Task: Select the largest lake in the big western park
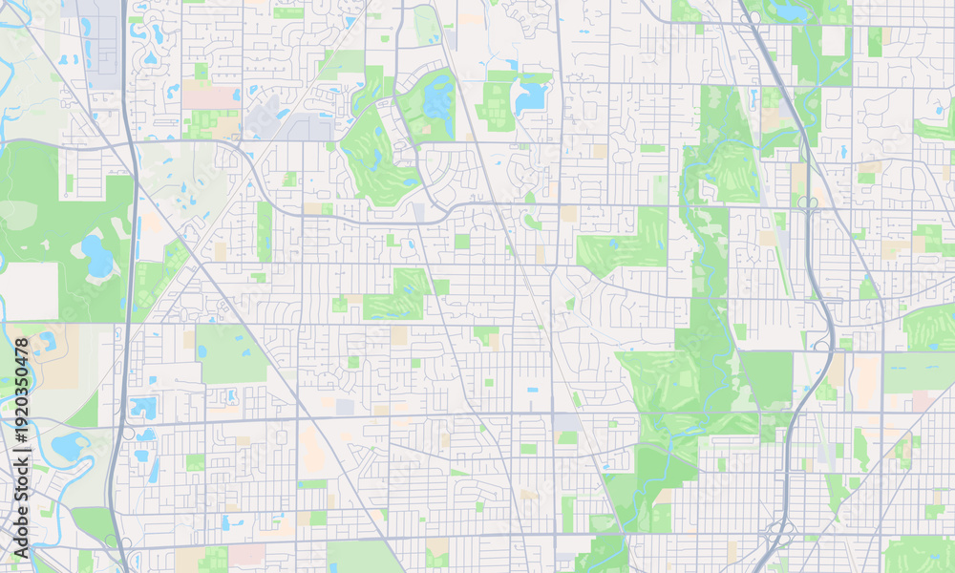click(95, 256)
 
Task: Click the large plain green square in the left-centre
click(232, 354)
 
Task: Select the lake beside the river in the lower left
click(69, 445)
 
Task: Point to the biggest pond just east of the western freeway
click(143, 409)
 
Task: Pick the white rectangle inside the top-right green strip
click(833, 40)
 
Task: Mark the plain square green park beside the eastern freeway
click(767, 376)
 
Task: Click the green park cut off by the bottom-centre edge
click(364, 558)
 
